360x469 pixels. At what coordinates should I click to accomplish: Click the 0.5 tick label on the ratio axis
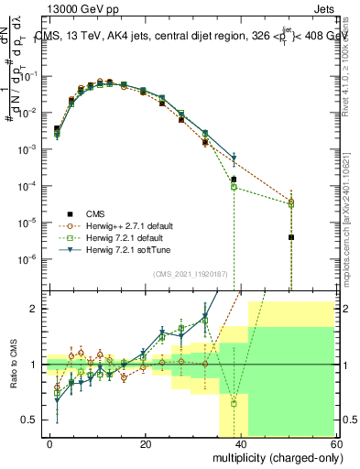[34, 420]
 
